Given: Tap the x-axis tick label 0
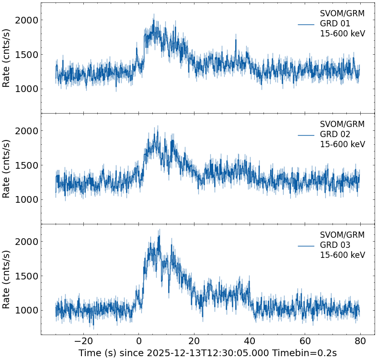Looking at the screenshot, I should click(x=139, y=341).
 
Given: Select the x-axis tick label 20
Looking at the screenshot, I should click(x=194, y=341).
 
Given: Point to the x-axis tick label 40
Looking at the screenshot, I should click(x=250, y=341).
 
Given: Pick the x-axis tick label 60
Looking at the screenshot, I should click(x=305, y=341).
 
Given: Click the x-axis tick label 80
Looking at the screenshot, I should click(x=360, y=341).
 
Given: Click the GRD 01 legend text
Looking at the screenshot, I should click(x=335, y=24).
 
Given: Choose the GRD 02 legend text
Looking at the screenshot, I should click(x=335, y=135).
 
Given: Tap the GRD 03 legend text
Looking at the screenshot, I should click(x=335, y=245).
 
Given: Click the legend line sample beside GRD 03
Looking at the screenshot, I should click(x=306, y=246).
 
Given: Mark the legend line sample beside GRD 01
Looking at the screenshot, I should click(x=306, y=24).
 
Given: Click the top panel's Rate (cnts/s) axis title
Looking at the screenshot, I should click(x=7, y=58).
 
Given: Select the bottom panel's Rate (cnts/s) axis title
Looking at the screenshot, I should click(x=7, y=279).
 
